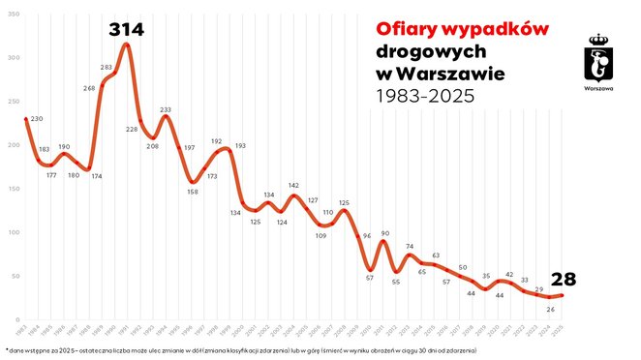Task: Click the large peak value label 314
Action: pos(126,30)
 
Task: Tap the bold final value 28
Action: pos(563,280)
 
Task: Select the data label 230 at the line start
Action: pos(37,119)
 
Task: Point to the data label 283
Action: pos(107,68)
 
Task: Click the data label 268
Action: pos(89,88)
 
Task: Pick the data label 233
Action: pos(166,109)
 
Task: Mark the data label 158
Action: pos(193,192)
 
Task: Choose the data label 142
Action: pos(294,185)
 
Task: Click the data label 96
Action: pos(366,236)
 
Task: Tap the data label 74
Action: pos(410,247)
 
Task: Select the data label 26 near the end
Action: pos(550,309)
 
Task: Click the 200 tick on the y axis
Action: pos(11,145)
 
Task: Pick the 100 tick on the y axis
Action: pos(11,232)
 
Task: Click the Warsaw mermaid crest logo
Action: pos(599,62)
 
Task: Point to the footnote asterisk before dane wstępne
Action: pos(7,348)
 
